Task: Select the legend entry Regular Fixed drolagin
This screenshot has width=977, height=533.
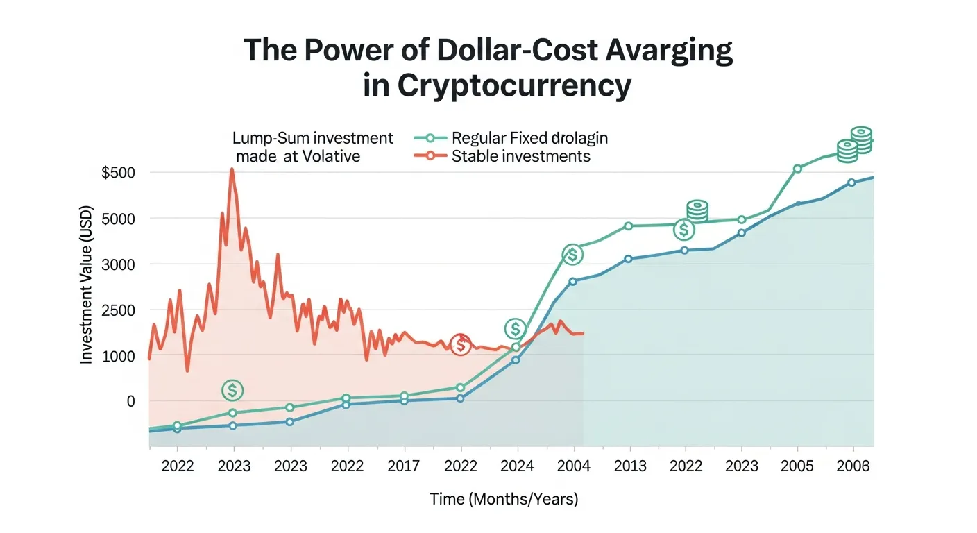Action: click(x=529, y=138)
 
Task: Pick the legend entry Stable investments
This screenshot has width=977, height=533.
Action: click(x=520, y=156)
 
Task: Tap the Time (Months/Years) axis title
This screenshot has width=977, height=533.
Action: click(x=503, y=499)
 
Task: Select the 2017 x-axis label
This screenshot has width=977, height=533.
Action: click(x=403, y=466)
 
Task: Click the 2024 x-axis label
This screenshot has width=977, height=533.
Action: click(x=517, y=466)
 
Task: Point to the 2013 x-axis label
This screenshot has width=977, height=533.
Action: click(x=630, y=466)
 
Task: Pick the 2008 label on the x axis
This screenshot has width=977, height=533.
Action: click(x=853, y=466)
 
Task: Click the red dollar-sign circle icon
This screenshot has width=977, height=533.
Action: click(x=460, y=344)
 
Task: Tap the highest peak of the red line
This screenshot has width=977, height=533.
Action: click(x=232, y=169)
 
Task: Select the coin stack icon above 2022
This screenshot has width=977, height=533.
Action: click(x=697, y=210)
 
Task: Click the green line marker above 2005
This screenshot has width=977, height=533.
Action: click(x=797, y=169)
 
